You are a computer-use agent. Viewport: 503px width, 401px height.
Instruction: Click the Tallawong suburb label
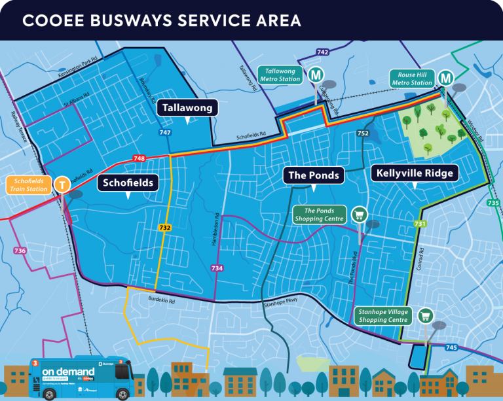187,107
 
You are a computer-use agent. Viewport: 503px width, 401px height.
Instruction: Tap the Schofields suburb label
128,183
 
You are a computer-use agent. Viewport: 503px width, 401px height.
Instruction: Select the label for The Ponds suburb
314,175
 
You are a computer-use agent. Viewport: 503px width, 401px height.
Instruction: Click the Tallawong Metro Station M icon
314,75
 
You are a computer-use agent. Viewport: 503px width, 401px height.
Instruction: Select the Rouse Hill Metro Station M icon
446,78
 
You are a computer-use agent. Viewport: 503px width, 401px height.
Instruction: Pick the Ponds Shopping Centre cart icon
358,214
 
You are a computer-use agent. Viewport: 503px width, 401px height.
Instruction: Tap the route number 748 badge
138,158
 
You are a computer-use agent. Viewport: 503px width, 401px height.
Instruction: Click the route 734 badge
217,268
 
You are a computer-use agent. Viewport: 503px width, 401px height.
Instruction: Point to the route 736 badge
20,251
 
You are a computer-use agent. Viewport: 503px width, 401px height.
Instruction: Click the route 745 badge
451,347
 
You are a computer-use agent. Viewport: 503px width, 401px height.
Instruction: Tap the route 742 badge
322,52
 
